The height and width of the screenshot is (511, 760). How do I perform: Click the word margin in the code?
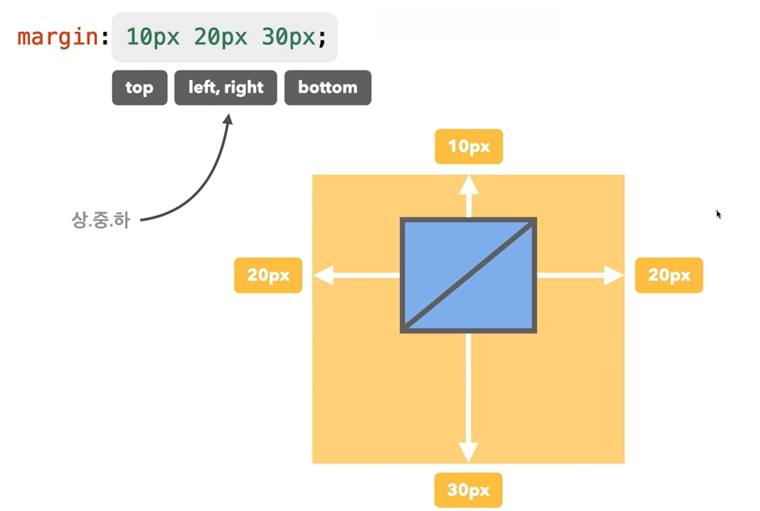click(x=58, y=37)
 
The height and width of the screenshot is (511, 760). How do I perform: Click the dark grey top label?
click(x=139, y=88)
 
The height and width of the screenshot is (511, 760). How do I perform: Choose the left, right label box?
click(x=225, y=88)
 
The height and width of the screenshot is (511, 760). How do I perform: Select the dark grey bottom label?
click(x=328, y=88)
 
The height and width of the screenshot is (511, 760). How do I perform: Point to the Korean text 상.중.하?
click(x=100, y=220)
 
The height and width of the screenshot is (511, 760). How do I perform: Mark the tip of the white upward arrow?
click(x=469, y=177)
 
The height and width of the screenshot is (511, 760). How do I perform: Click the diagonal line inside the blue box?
click(x=468, y=275)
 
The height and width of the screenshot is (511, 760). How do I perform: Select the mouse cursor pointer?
click(x=718, y=214)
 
